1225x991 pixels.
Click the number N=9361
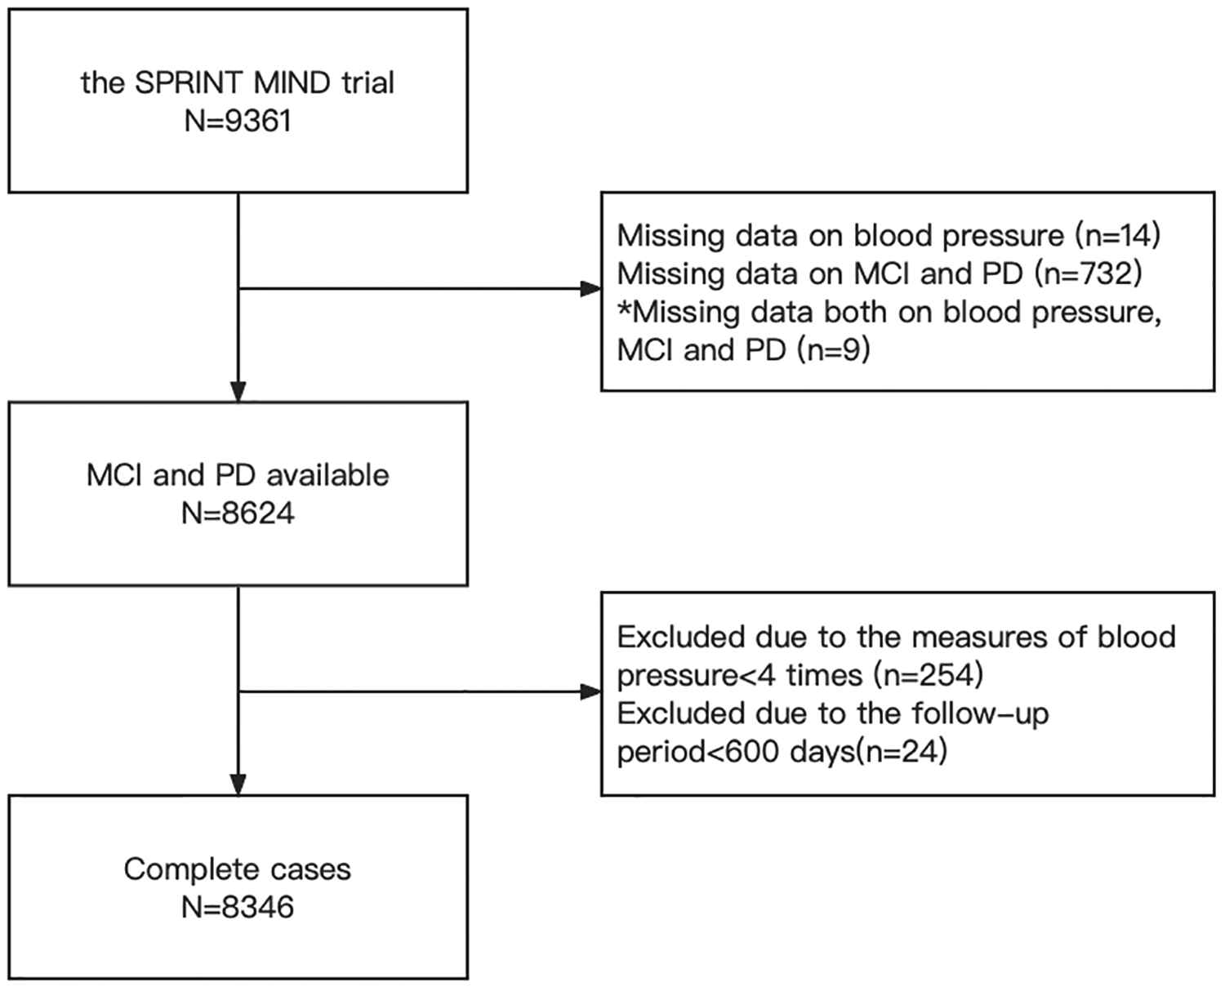pyautogui.click(x=238, y=121)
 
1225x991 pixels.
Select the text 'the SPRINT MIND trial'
pyautogui.click(x=238, y=82)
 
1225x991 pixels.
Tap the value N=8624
pyautogui.click(x=238, y=513)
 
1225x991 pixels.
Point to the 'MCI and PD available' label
pyautogui.click(x=238, y=475)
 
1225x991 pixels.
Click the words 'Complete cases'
pyautogui.click(x=238, y=869)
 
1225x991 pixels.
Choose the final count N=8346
pyautogui.click(x=238, y=907)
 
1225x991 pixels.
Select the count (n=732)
pyautogui.click(x=1088, y=273)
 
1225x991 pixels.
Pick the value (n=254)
pyautogui.click(x=928, y=675)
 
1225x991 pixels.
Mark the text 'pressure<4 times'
pyautogui.click(x=739, y=675)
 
